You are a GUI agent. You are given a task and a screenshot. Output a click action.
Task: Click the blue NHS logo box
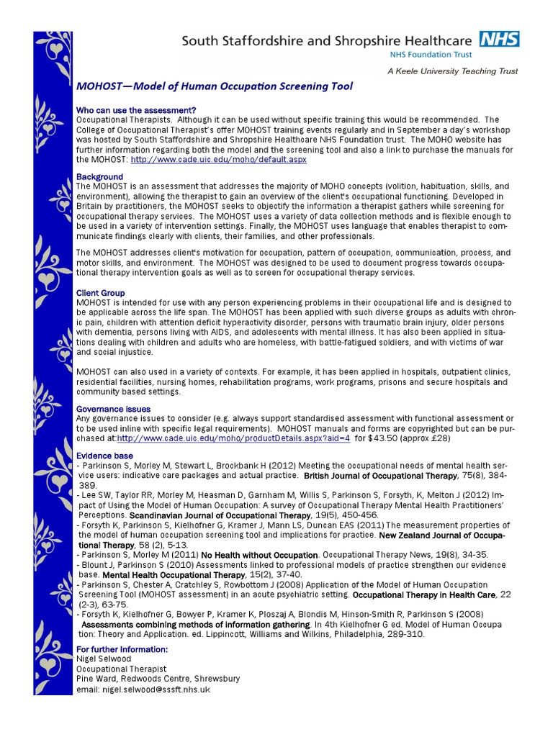click(x=501, y=40)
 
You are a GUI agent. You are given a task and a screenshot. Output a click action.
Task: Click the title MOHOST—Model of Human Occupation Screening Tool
click(x=215, y=87)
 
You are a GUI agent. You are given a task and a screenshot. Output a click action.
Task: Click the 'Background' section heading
click(x=99, y=176)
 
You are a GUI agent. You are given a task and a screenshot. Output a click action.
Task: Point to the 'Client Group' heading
click(x=100, y=293)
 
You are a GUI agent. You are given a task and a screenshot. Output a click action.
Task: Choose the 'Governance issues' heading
click(x=113, y=409)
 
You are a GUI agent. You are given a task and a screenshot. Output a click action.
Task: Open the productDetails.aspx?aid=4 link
click(x=233, y=437)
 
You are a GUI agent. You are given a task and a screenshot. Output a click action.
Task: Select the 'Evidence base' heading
click(x=104, y=456)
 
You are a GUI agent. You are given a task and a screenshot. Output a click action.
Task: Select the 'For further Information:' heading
click(x=122, y=650)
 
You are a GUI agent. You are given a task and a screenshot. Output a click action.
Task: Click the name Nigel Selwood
click(x=103, y=659)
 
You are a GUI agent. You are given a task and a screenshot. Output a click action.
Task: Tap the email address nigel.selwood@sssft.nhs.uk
click(x=143, y=689)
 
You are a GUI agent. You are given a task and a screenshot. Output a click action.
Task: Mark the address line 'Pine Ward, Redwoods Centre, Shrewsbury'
click(x=158, y=679)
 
